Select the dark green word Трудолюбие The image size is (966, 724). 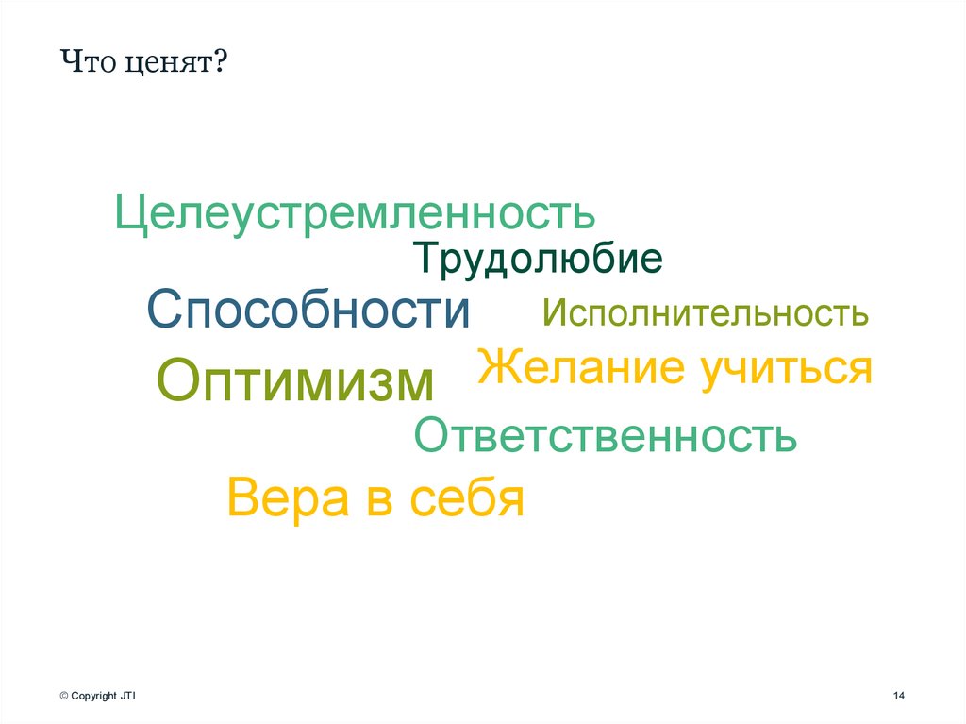537,259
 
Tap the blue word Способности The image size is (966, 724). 308,310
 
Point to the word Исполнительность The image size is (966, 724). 705,313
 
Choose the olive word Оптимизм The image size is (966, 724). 295,379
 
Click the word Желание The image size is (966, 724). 582,367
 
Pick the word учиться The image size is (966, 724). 785,368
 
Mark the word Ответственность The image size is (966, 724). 606,435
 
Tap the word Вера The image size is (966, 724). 289,497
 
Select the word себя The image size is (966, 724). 466,497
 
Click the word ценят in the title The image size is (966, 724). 166,66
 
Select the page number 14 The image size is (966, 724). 898,696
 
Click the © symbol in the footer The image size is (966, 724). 63,696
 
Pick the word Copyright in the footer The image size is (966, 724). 93,696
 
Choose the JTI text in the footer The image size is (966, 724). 128,696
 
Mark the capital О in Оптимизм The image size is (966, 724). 177,379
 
